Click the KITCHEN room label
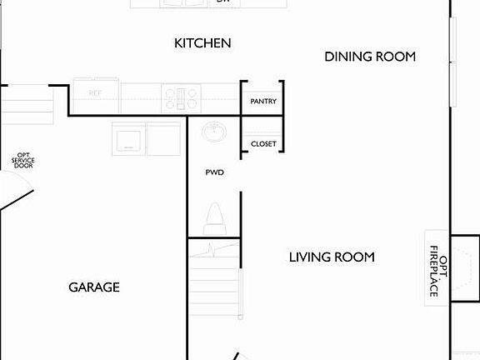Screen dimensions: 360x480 202,42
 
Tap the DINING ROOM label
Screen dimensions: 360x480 369,57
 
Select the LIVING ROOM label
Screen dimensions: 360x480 332,257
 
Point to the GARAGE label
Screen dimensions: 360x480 93,287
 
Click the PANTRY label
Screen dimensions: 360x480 263,102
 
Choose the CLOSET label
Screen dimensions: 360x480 263,144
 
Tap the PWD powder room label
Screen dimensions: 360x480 215,172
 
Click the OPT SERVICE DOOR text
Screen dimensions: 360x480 23,160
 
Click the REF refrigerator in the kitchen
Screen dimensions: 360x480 97,92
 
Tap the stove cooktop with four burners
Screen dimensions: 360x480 181,97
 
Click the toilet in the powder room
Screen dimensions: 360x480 214,220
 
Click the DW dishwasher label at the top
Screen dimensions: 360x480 222,2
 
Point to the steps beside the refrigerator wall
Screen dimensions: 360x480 32,101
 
